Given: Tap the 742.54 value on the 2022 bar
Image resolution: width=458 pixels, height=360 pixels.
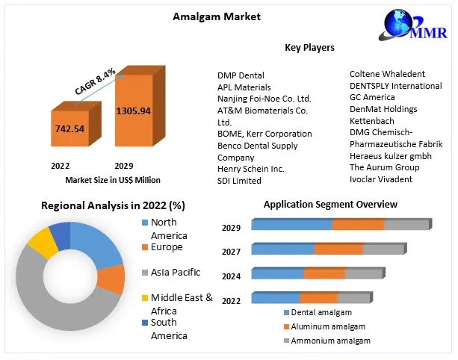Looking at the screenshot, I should pyautogui.click(x=69, y=128).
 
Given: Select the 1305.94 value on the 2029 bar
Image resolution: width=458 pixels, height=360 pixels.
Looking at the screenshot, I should pyautogui.click(x=133, y=111).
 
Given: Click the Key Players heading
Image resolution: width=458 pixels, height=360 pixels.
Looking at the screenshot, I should pyautogui.click(x=309, y=48).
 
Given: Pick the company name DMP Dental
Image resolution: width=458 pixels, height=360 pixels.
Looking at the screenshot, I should pyautogui.click(x=241, y=75).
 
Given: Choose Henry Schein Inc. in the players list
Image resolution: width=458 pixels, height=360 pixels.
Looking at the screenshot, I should pyautogui.click(x=250, y=169).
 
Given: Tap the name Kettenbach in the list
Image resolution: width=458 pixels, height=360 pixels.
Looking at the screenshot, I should pyautogui.click(x=373, y=120).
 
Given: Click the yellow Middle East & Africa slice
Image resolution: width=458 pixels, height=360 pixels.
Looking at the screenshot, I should pyautogui.click(x=42, y=241).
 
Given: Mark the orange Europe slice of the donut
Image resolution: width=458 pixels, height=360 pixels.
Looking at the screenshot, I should pyautogui.click(x=113, y=279).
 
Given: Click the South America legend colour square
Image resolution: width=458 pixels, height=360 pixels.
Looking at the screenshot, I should pyautogui.click(x=145, y=323).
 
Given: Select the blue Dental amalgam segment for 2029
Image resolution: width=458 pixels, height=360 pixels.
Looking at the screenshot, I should pyautogui.click(x=292, y=225).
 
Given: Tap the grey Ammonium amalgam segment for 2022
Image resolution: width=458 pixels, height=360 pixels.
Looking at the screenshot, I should pyautogui.click(x=354, y=299).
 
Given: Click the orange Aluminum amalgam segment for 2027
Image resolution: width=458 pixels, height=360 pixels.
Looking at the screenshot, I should pyautogui.click(x=338, y=249).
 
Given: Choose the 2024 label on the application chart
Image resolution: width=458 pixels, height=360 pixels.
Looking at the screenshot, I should pyautogui.click(x=231, y=276).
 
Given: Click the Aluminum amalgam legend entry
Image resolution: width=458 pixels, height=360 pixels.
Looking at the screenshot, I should pyautogui.click(x=324, y=326).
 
